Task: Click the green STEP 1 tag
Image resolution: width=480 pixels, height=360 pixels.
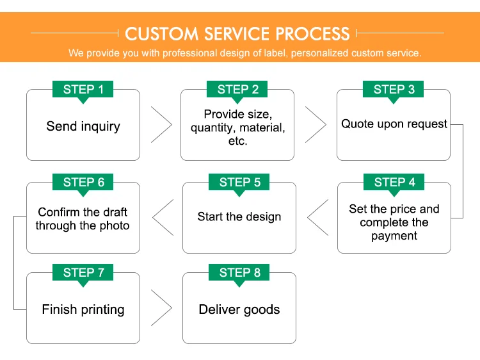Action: [83, 90]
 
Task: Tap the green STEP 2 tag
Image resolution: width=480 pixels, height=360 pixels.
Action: [237, 90]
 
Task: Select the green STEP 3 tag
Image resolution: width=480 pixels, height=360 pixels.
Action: [393, 90]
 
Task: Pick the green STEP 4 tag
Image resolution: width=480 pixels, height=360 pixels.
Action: [394, 183]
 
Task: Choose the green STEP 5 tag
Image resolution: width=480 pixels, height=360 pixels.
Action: [239, 183]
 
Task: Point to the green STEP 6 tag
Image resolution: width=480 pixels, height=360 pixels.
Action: [83, 183]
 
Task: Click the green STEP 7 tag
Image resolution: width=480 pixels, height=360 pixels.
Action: [83, 273]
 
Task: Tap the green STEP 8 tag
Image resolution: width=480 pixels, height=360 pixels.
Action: [239, 273]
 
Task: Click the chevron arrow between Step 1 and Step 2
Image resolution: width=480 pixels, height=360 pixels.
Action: [172, 125]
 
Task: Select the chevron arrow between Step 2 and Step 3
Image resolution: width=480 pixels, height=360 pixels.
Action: [326, 125]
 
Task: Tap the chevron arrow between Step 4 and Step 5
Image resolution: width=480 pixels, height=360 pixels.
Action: [308, 217]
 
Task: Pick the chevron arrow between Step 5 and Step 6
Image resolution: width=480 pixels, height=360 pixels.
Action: [153, 217]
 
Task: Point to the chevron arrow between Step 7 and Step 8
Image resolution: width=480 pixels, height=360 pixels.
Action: [172, 307]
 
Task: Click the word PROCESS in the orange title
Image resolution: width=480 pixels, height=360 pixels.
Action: [312, 34]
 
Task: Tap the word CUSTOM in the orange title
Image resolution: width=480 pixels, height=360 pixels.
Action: [162, 34]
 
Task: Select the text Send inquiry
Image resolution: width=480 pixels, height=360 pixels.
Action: [83, 126]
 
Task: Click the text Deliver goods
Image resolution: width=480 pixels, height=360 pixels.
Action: [239, 310]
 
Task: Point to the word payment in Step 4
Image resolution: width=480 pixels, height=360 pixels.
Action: [394, 236]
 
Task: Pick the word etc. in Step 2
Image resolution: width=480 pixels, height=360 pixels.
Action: [238, 141]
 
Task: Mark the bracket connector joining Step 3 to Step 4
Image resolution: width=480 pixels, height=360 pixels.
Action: [463, 171]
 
